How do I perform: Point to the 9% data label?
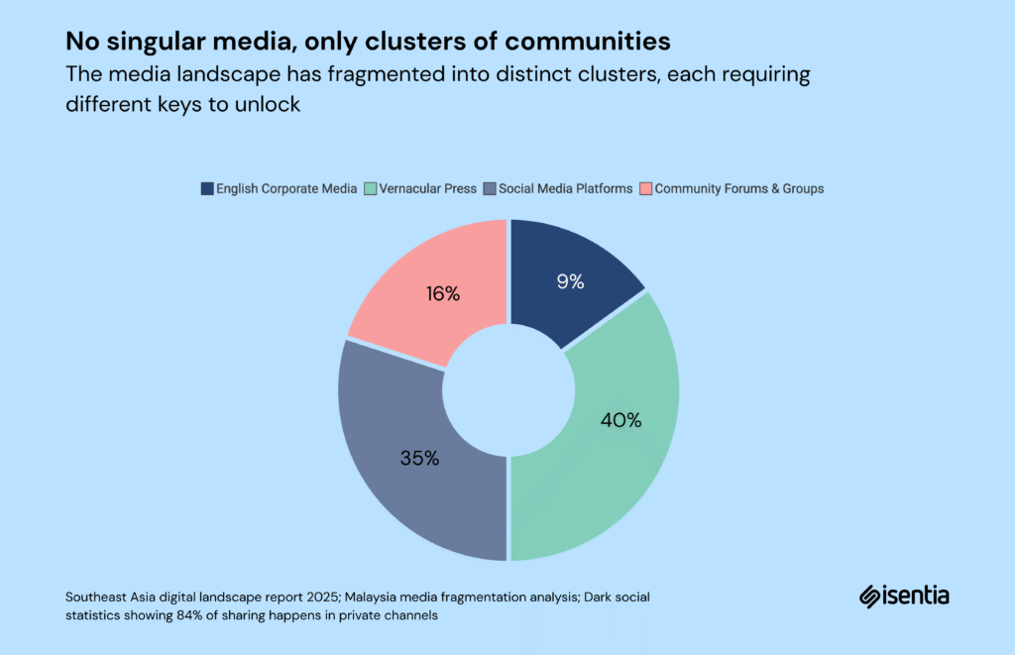570,281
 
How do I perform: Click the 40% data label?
620,420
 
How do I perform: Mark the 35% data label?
419,459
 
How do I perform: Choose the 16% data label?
443,294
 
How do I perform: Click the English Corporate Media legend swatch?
206,188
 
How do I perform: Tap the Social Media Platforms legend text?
565,188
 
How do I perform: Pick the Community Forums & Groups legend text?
738,188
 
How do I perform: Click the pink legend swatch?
645,188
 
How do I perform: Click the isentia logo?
904,596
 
